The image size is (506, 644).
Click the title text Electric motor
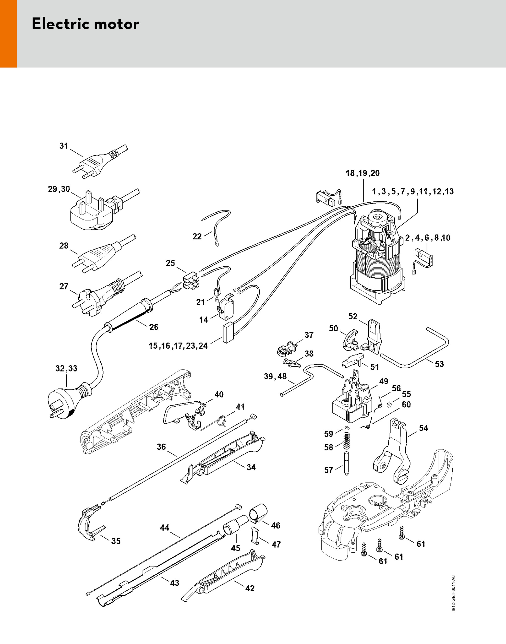click(x=85, y=24)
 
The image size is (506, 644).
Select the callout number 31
click(x=64, y=146)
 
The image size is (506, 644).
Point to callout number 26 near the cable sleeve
click(x=154, y=327)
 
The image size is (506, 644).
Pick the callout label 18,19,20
click(x=363, y=173)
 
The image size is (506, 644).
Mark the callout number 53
click(x=439, y=364)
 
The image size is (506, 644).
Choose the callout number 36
click(x=161, y=447)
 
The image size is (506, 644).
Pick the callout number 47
click(x=276, y=545)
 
